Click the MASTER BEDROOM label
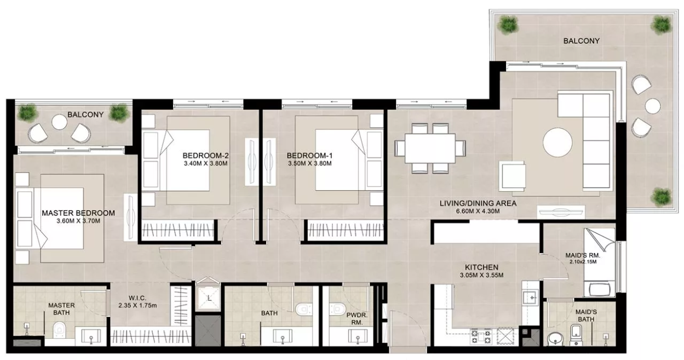[x=78, y=213]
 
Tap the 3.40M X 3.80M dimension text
[x=205, y=163]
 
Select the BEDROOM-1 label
[x=309, y=156]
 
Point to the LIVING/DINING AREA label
[x=478, y=203]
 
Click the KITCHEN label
[x=481, y=267]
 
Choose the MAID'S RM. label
[x=583, y=255]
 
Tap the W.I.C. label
[x=137, y=298]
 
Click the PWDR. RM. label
[x=357, y=319]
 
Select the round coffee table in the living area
[x=557, y=142]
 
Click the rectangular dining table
[x=430, y=148]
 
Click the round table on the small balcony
[x=59, y=122]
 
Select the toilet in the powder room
[x=337, y=309]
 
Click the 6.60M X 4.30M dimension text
[x=478, y=211]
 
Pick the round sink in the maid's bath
[x=556, y=339]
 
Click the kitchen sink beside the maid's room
[x=531, y=298]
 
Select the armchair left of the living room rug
[x=513, y=176]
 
